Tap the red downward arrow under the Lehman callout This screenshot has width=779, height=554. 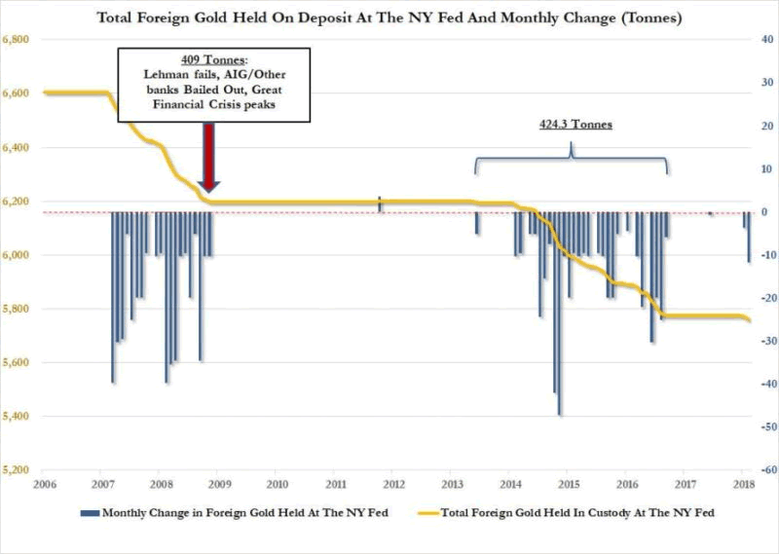[x=206, y=157]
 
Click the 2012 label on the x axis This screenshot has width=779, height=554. [x=393, y=484]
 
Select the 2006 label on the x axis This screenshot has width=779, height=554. [x=42, y=484]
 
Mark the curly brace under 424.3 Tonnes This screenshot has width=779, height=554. [x=572, y=158]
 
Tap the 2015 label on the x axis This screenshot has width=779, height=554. [x=570, y=484]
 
